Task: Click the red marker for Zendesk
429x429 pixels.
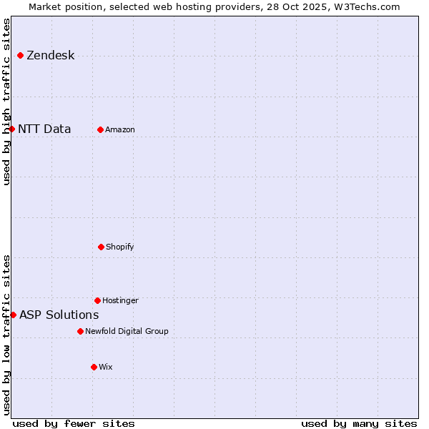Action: point(20,55)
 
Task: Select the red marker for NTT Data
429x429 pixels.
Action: point(11,129)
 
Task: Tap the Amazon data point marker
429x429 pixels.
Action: point(100,129)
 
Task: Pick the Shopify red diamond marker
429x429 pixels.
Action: point(101,247)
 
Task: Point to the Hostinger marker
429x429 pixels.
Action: point(97,300)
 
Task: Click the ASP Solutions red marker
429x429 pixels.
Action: point(13,315)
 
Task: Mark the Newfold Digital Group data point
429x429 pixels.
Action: point(80,331)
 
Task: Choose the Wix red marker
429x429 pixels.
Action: point(94,367)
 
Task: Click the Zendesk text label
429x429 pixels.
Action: point(50,56)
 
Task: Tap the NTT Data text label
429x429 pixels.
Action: point(44,129)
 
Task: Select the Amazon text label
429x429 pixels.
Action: point(120,130)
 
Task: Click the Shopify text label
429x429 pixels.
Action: point(120,247)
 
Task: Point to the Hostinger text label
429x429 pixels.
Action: point(120,301)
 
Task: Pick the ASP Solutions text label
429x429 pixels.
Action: point(59,315)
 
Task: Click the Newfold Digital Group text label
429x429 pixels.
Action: point(127,332)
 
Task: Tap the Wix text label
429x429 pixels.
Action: point(106,368)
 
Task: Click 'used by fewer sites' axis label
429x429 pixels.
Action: point(74,423)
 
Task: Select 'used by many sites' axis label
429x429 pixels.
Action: point(359,423)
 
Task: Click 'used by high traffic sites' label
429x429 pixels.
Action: point(6,102)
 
